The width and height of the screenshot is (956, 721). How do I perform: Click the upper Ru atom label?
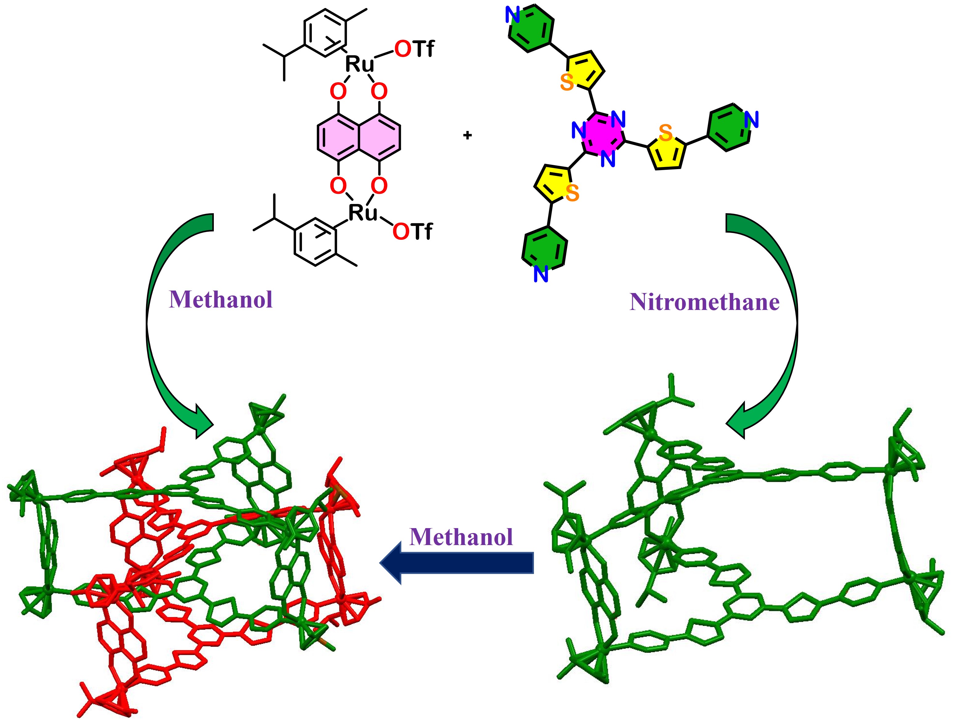click(x=359, y=64)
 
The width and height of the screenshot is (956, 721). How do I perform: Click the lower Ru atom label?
click(x=363, y=212)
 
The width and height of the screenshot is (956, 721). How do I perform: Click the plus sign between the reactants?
click(x=467, y=135)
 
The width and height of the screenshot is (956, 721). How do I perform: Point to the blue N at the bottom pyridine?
click(x=541, y=274)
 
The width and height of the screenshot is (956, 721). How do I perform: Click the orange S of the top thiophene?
click(x=567, y=82)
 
